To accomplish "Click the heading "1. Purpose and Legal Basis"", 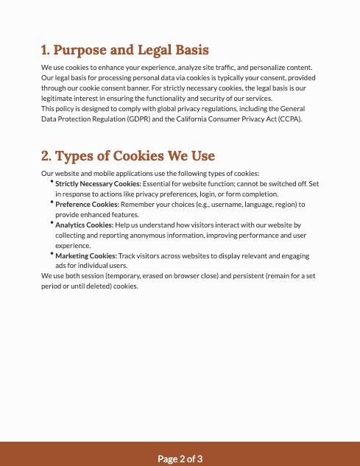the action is [125, 50].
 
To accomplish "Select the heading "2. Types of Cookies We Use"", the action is [128, 156].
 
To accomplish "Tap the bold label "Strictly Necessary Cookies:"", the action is [99, 183].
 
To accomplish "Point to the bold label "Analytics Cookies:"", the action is [85, 225].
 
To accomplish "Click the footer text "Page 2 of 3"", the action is [180, 459].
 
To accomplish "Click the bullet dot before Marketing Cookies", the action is [52, 253].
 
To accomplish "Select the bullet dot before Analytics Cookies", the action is [52, 222].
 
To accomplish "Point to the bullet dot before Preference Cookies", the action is [52, 202].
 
